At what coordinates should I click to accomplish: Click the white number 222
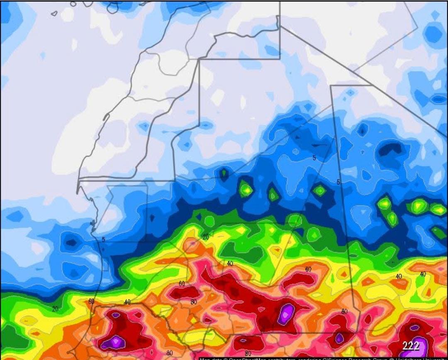(x=411, y=346)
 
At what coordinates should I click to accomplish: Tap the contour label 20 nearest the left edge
(x=55, y=309)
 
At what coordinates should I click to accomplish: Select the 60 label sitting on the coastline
(x=92, y=302)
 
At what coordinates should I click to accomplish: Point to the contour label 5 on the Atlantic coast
(x=103, y=239)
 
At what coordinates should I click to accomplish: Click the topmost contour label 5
(x=314, y=158)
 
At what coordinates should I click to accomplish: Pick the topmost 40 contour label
(x=230, y=264)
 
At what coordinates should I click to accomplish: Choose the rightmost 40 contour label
(x=423, y=274)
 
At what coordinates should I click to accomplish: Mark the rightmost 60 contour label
(x=308, y=270)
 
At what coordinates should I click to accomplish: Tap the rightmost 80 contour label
(x=344, y=311)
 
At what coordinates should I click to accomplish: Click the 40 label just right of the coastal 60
(x=127, y=302)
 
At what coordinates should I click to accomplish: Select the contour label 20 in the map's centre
(x=206, y=237)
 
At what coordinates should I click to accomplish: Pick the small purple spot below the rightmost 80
(x=339, y=338)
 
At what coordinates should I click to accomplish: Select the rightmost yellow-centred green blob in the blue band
(x=438, y=209)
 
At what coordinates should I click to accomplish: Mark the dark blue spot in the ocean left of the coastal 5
(x=71, y=242)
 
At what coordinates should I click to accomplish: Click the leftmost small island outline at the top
(x=54, y=13)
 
